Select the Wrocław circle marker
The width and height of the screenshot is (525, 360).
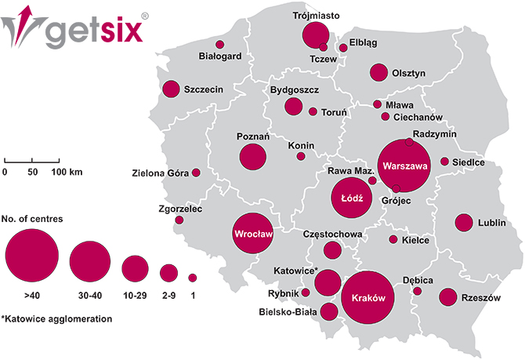pos(251,233)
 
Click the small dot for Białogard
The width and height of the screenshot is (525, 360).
pos(220,44)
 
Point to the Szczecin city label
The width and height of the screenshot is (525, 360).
pos(204,89)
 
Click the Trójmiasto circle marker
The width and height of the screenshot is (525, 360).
pos(316,35)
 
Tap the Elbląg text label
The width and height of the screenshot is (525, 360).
pos(363,42)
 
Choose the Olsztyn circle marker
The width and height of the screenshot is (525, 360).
pos(379,73)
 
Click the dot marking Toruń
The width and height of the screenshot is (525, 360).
pos(313,111)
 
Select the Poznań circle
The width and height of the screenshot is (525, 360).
pos(259,157)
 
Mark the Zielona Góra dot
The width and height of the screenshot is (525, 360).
pos(196,173)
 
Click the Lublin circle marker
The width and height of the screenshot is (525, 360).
pos(464,223)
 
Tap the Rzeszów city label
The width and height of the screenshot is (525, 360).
pos(480,297)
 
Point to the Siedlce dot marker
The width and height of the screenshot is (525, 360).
pos(444,162)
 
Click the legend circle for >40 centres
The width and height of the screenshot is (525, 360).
pos(32,256)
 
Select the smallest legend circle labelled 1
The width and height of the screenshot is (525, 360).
pos(192,278)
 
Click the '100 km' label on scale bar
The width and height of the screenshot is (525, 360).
pos(67,171)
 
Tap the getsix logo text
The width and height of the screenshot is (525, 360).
pos(97,33)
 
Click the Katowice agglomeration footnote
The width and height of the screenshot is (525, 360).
pos(56,319)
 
